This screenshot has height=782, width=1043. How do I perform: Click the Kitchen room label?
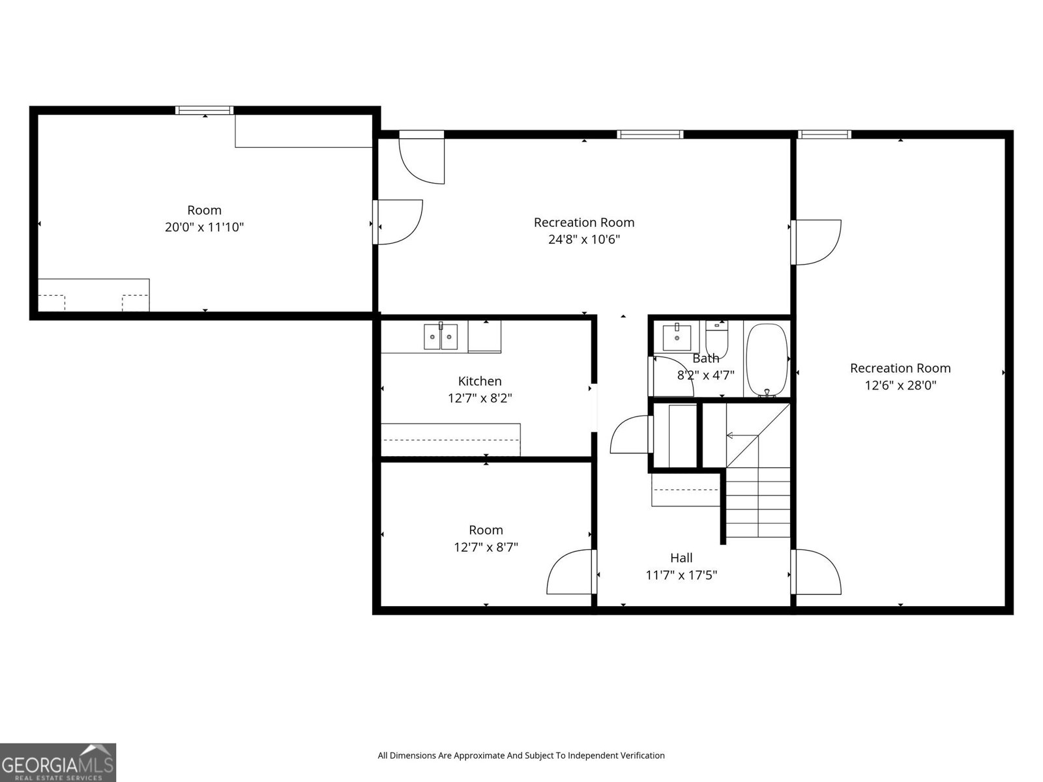tap(479, 381)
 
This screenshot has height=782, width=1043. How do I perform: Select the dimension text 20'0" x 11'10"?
tap(204, 227)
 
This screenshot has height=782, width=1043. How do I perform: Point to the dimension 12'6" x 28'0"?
tap(900, 385)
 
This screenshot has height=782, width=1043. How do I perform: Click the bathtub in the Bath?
tap(767, 360)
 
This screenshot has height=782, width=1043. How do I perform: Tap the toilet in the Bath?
tap(716, 338)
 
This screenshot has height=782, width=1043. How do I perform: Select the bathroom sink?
tap(677, 337)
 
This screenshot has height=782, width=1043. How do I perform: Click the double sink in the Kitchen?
tap(441, 336)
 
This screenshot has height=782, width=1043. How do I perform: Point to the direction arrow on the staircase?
tap(742, 435)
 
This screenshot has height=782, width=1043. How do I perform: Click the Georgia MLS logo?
tap(58, 762)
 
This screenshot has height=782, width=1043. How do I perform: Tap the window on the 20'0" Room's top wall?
tap(204, 110)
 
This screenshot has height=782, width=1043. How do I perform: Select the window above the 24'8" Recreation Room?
tap(650, 134)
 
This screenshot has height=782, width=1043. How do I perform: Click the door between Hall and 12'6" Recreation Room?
tap(816, 572)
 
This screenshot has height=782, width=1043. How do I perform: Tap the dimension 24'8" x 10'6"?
tap(584, 239)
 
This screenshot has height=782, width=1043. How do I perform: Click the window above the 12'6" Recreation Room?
tap(825, 134)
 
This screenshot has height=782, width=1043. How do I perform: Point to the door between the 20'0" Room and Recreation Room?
tap(397, 222)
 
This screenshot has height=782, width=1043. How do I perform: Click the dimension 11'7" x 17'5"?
tap(681, 575)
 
